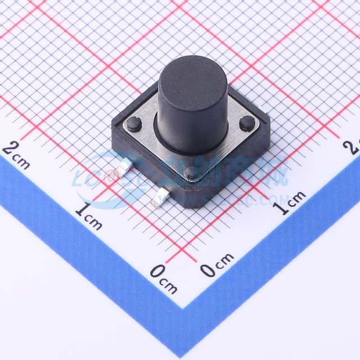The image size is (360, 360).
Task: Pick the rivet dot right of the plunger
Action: point(247,123)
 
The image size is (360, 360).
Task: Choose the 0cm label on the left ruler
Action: point(164,280)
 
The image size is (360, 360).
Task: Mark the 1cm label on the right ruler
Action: point(289,203)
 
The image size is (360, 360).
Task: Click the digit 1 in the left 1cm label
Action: point(82,211)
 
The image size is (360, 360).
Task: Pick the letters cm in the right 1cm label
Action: point(296,198)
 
